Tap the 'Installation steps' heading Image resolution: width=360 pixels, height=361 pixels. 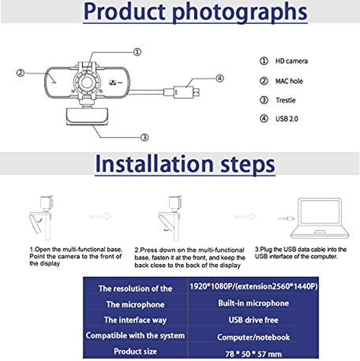pos(185,164)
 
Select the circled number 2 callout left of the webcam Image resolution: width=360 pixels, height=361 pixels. pos(20,72)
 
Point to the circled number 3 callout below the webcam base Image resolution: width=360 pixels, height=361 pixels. pos(144,137)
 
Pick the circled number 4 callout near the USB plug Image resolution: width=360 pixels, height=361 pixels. pos(219,79)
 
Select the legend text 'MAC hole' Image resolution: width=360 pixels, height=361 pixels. pos(289,81)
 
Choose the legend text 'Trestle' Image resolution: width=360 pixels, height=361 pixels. pos(285,100)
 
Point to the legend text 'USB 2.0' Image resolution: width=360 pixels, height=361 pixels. pos(287,119)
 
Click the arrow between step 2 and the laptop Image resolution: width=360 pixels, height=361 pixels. pos(245,216)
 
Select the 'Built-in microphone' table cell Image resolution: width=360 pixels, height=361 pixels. pos(253,303)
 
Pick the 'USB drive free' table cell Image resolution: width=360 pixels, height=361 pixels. pos(253,320)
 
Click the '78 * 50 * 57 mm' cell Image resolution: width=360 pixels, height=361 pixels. pos(253,353)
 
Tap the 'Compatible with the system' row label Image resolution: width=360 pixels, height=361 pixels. pos(135,335)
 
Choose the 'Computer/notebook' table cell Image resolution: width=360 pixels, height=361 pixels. pos(253,337)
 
